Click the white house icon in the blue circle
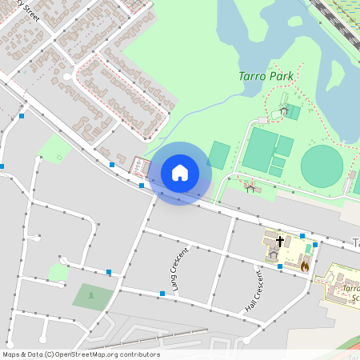(180, 173)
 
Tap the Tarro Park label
(266, 77)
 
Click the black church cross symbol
(280, 240)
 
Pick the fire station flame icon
(306, 263)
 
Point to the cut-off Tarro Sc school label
(350, 294)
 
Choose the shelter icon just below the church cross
(274, 254)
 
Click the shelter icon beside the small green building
(284, 110)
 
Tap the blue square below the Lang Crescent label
(162, 294)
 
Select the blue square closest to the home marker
(142, 186)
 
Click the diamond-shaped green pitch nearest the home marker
(218, 154)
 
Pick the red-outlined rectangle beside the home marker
(141, 166)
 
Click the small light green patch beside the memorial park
(58, 273)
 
